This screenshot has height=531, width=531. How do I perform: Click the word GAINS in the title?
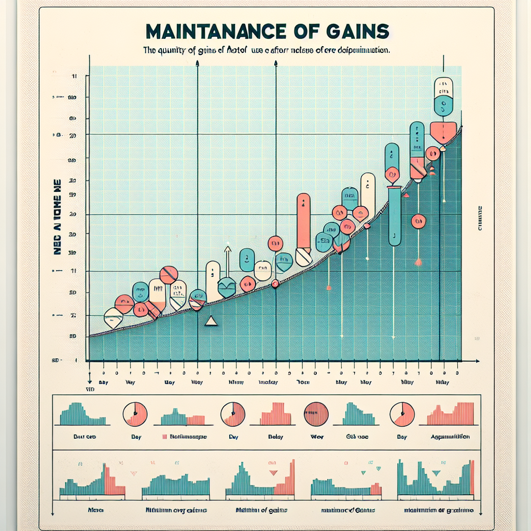pyautogui.click(x=357, y=31)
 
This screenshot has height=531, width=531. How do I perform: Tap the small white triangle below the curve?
pyautogui.click(x=211, y=322)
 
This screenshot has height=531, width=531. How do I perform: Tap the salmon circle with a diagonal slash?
pyautogui.click(x=169, y=274)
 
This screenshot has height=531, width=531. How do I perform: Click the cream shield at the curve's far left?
pyautogui.click(x=113, y=317)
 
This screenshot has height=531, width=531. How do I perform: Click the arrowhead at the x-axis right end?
pyautogui.click(x=477, y=360)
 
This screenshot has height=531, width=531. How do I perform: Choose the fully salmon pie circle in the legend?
pyautogui.click(x=316, y=414)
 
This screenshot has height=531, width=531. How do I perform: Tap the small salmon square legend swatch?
pyautogui.click(x=164, y=437)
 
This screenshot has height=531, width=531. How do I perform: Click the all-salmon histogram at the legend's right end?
pyautogui.click(x=450, y=415)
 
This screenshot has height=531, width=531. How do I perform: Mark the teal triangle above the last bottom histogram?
pyautogui.click(x=436, y=472)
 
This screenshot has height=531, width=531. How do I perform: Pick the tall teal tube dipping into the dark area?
pyautogui.click(x=394, y=218)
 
